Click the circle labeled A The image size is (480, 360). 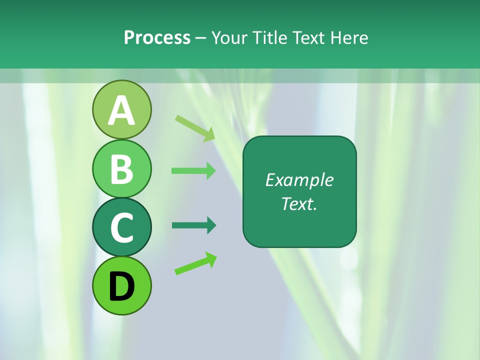pos(121,109)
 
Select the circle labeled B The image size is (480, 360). pos(121,168)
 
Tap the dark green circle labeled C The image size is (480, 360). pos(121,227)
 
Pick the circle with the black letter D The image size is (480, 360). pos(121,285)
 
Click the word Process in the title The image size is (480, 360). pos(157,37)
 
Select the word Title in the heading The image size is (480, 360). pos(270,37)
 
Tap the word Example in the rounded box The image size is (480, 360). pos(299,180)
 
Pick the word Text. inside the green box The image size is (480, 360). pos(299,203)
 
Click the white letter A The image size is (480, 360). pos(121,110)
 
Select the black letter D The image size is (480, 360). pos(121,286)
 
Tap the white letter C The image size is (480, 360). pos(121,228)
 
